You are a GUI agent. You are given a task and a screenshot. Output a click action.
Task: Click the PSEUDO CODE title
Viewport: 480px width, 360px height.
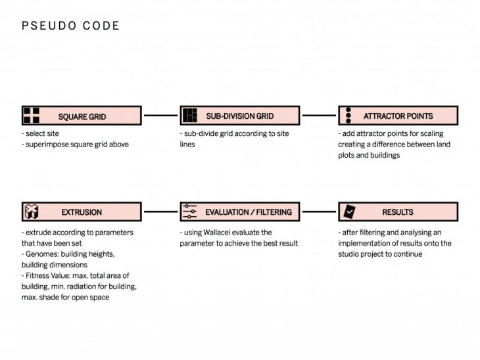[x=70, y=26]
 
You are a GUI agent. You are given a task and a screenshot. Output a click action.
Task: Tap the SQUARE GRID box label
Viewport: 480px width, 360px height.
[x=82, y=117]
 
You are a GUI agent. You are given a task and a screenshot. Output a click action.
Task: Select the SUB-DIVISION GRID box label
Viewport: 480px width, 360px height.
[x=239, y=116]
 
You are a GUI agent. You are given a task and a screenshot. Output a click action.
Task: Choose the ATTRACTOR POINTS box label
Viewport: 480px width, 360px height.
[x=398, y=116]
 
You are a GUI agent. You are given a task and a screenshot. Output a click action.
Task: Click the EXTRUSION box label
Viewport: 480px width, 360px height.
[x=82, y=212]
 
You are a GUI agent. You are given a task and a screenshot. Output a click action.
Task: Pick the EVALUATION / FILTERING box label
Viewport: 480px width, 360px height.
[x=248, y=212]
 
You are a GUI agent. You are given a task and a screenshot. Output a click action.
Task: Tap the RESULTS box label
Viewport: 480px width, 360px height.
[x=398, y=212]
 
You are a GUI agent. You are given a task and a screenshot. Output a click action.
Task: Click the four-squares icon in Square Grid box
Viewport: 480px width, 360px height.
[x=32, y=116]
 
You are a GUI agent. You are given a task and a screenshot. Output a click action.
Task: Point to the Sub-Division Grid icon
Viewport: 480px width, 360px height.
[x=189, y=116]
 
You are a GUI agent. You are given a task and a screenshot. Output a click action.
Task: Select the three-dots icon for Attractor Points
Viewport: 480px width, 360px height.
[x=348, y=116]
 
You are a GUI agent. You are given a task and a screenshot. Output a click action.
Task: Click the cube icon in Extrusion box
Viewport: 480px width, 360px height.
[x=32, y=212]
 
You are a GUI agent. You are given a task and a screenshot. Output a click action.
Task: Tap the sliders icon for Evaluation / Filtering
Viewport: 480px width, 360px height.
[x=189, y=212]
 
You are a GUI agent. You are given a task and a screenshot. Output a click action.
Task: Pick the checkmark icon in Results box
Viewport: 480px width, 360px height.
[x=348, y=212]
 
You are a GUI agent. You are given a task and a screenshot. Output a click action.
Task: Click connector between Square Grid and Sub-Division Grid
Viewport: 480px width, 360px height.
[x=160, y=116]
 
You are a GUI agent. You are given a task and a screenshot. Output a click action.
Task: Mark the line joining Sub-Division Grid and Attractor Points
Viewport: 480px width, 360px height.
[x=319, y=116]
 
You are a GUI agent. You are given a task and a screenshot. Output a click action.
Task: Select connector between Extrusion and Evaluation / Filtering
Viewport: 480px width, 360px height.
[x=160, y=212]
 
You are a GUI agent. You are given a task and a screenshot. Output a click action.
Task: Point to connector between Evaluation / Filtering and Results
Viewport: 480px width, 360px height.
[x=319, y=212]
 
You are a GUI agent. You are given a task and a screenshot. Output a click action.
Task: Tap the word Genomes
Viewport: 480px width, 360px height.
[x=43, y=254]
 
